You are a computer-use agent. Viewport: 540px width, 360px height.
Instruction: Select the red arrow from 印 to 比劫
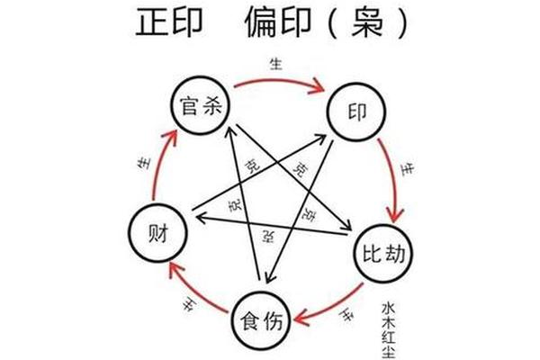(393, 179)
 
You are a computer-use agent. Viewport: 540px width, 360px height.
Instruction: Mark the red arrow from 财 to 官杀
(160, 166)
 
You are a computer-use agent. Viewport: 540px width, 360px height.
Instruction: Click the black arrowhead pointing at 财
(201, 218)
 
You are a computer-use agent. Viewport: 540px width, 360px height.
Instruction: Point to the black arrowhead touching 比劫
(346, 225)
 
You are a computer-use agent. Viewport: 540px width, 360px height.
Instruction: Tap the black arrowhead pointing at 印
(319, 139)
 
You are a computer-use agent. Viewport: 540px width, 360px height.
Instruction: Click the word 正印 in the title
(169, 22)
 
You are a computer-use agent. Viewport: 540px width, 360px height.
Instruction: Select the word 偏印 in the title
(279, 22)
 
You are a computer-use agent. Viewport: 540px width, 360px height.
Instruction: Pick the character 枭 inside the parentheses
(367, 22)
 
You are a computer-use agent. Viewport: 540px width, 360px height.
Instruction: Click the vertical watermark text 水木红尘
(389, 330)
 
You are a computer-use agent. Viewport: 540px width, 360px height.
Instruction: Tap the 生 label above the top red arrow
(276, 64)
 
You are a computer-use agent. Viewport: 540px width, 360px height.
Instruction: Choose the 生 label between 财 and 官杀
(144, 163)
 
